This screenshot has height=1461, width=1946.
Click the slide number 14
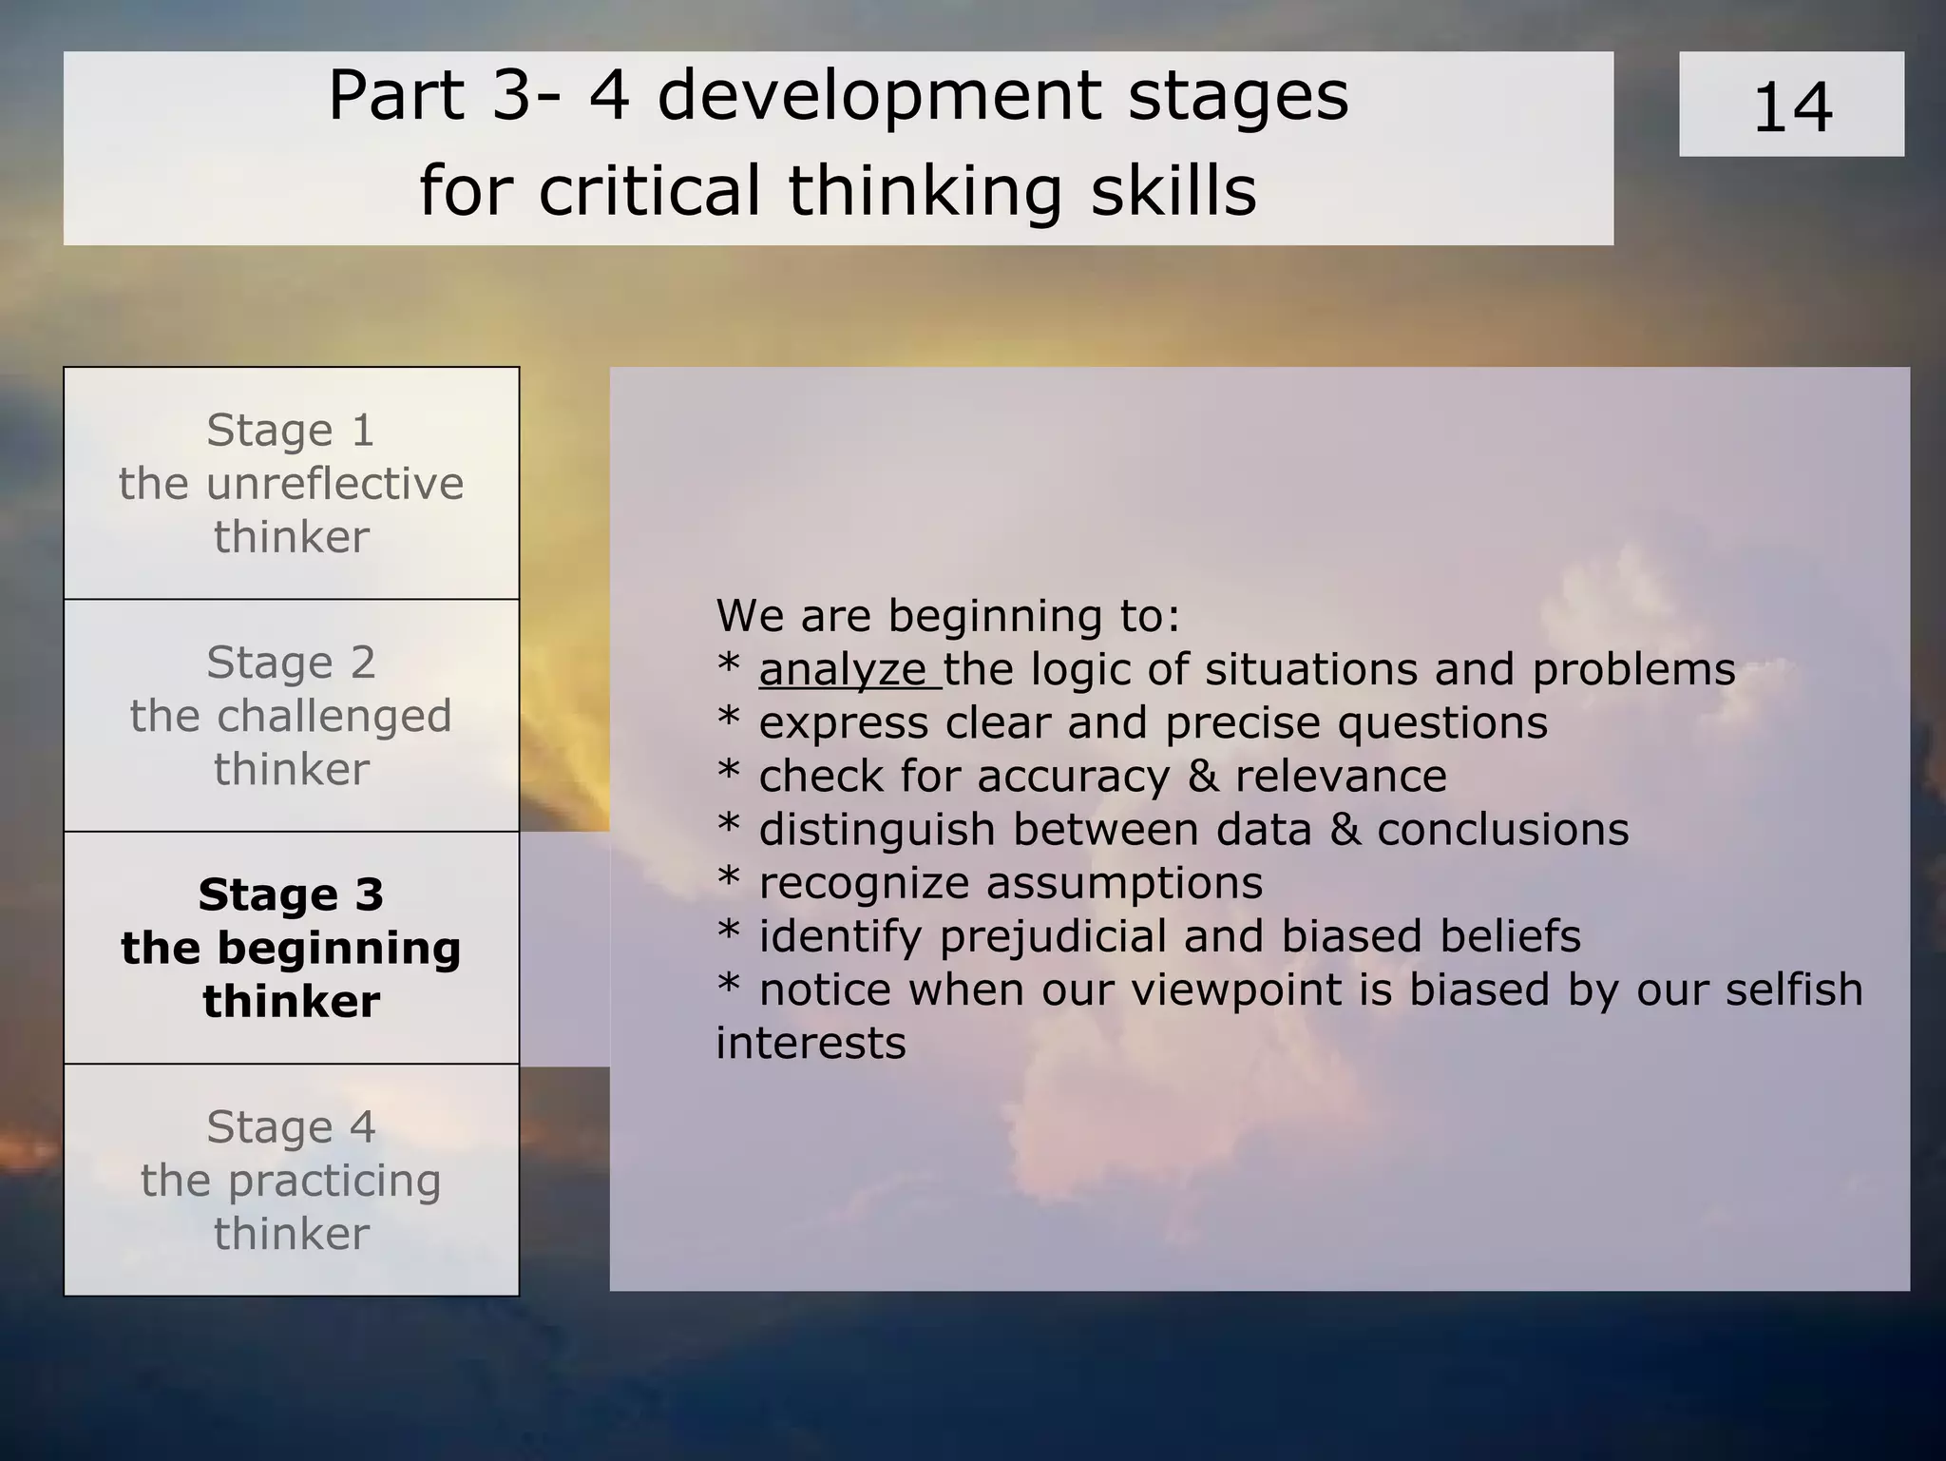tap(1791, 107)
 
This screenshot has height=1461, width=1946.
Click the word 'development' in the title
tap(880, 96)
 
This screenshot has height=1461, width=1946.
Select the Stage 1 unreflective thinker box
tap(291, 483)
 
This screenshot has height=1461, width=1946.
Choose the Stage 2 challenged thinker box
tap(291, 716)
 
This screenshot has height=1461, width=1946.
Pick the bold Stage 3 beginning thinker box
tap(291, 948)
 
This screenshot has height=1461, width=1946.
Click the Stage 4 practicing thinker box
tap(291, 1180)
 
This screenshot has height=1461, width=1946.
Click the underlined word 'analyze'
tap(842, 670)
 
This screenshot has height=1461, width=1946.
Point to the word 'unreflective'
tap(334, 484)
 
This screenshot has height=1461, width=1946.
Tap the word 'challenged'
tap(334, 717)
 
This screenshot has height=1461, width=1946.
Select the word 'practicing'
tap(334, 1182)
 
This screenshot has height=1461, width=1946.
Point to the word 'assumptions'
tap(1124, 883)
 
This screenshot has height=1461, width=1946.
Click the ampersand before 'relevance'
tap(1203, 777)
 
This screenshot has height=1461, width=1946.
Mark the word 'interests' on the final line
tap(811, 1043)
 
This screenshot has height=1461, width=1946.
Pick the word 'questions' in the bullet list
tap(1442, 723)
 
